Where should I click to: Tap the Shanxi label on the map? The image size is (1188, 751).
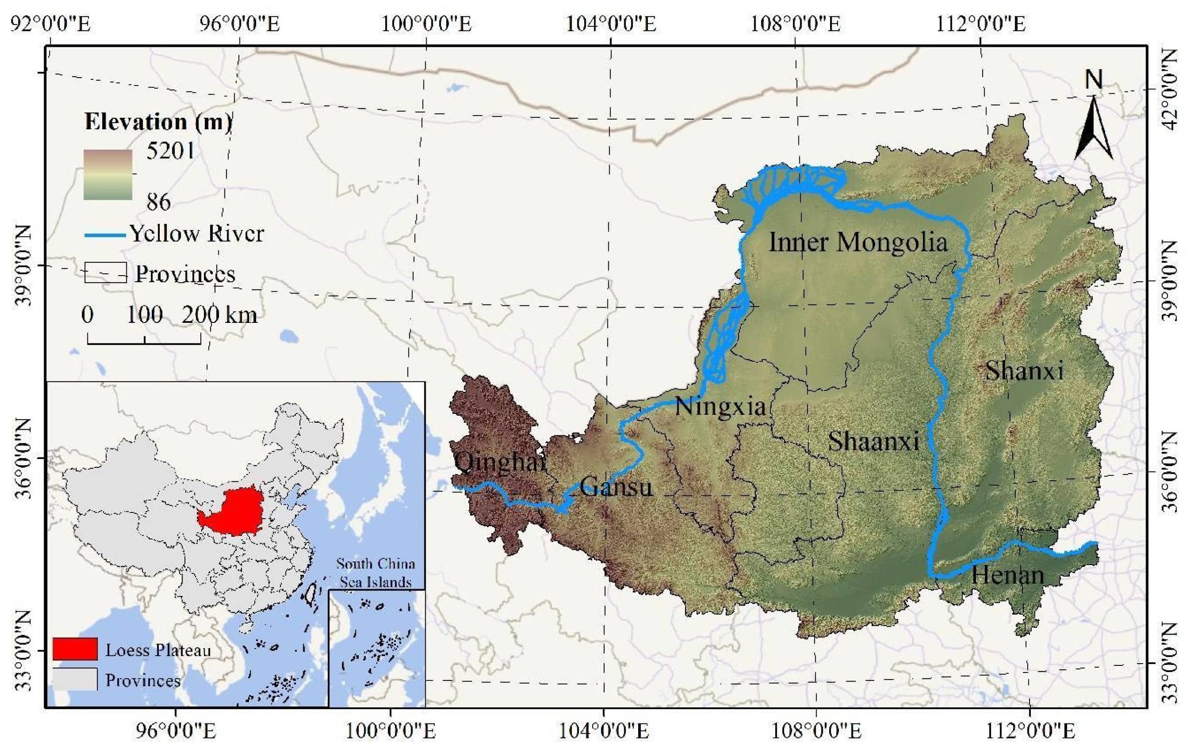pos(1024,371)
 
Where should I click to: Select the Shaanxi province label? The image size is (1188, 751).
pos(873,440)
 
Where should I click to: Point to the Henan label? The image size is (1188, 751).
pos(1007,575)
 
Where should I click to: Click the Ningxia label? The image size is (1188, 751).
pos(720,407)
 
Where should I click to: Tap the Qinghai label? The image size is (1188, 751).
pos(500,462)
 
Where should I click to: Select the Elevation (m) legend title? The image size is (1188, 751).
pos(158,122)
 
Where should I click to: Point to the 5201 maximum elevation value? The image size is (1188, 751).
pos(170,150)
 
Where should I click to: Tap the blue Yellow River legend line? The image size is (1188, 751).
pos(104,235)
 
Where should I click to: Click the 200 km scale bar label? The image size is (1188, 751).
pos(219,314)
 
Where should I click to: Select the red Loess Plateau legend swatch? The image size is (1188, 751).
pos(75,649)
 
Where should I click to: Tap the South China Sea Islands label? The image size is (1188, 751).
pos(375,573)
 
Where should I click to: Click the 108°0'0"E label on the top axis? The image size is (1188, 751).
pos(795,23)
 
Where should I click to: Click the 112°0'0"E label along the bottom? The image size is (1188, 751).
pos(1030,731)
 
